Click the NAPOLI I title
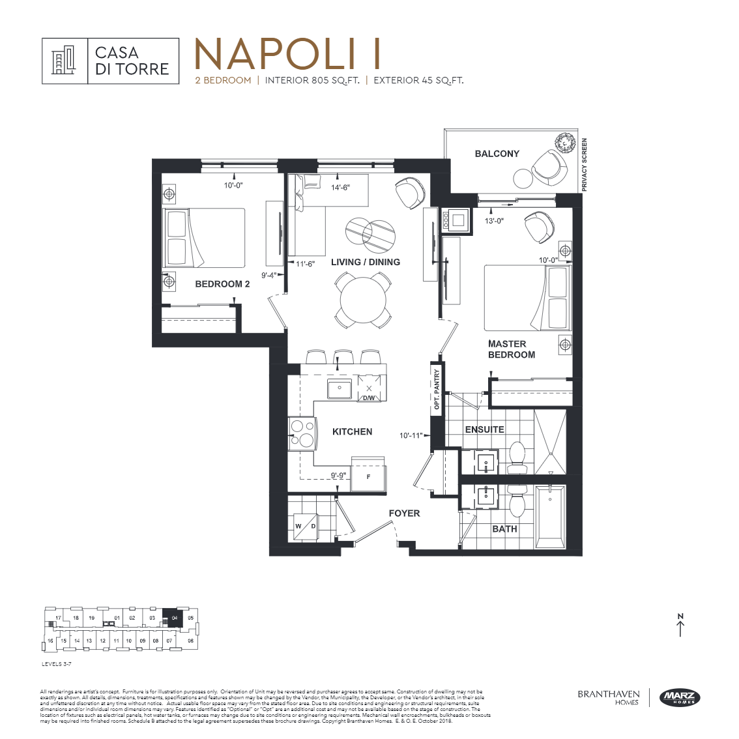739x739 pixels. point(287,54)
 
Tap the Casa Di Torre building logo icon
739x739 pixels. point(65,61)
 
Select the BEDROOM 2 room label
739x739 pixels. point(222,284)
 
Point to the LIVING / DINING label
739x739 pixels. point(365,262)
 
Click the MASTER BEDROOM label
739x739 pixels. point(511,349)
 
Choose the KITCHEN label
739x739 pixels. point(352,431)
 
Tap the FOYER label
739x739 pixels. point(404,514)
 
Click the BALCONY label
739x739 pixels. point(497,154)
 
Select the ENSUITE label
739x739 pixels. point(484,429)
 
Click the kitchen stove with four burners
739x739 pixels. point(301,434)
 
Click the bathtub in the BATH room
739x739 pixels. point(551,517)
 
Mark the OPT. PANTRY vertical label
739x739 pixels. point(437,390)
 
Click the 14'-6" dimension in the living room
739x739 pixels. point(340,188)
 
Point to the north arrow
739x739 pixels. point(680,626)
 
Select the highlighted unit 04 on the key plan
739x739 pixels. point(174,617)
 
